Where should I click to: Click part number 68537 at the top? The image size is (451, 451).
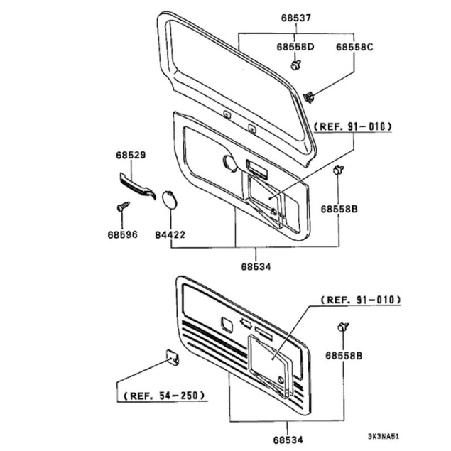click(296, 18)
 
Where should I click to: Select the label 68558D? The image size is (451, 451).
click(295, 47)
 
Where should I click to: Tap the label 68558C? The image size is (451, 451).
click(354, 47)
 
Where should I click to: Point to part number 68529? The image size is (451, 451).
click(131, 155)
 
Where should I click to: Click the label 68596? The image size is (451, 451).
click(123, 234)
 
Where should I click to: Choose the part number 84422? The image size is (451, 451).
click(170, 234)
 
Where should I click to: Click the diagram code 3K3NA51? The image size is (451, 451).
click(384, 436)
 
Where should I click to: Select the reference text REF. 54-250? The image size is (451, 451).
click(164, 396)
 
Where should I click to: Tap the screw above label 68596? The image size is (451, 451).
click(123, 206)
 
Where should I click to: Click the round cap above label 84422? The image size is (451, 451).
click(170, 199)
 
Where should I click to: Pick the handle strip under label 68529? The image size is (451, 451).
click(138, 186)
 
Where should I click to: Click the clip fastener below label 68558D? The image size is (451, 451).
click(295, 65)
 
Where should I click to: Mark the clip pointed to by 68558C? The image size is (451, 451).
click(309, 97)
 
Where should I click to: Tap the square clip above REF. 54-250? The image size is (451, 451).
click(173, 357)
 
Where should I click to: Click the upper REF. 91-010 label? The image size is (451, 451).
click(352, 126)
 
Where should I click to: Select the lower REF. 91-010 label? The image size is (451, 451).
click(361, 300)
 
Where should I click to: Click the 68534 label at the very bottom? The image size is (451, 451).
click(288, 440)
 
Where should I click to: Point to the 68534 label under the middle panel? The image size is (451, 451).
click(256, 267)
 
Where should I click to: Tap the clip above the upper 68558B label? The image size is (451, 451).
click(339, 170)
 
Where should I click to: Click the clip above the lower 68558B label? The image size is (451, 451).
click(343, 327)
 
